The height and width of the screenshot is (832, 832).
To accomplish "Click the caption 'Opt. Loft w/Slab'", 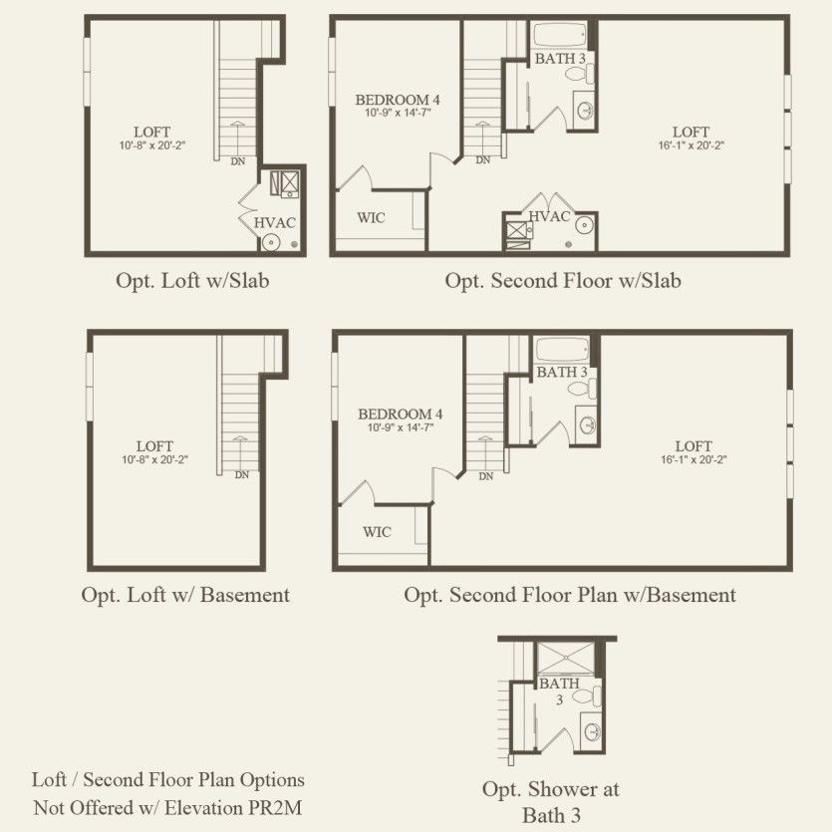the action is pos(192,281).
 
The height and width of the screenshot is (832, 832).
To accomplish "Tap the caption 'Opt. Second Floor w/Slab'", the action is pos(563,281).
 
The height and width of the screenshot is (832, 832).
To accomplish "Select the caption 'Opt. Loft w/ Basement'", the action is pos(185,595).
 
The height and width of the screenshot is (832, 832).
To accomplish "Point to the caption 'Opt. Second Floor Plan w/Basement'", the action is pos(570,595).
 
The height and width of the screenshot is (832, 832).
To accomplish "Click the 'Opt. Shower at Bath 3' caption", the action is pos(551,802).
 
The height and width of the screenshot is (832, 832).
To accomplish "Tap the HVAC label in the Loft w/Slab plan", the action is pos(274,223).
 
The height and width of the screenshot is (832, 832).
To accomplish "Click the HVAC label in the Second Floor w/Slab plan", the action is pos(549,216).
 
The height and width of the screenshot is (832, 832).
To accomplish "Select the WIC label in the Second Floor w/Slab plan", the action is pos(371,217).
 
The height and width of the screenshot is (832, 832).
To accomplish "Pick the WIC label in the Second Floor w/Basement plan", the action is pos(377,532).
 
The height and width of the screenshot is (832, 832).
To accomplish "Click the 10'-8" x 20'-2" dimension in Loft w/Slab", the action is pos(152,145).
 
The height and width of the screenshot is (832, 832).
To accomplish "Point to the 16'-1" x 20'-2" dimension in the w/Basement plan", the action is pos(693,459).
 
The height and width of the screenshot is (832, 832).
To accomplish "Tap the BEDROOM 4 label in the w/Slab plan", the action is pos(398,100).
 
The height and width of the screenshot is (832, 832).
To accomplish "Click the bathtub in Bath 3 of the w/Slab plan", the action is pos(559,35).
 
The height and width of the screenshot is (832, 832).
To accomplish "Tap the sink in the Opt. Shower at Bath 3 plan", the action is pos(592,732).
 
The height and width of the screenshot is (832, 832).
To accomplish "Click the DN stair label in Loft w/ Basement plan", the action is pos(242,475).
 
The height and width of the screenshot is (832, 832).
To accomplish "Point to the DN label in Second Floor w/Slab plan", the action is pos(483,159).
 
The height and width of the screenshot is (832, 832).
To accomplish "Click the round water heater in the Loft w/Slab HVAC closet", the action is pos(271,243).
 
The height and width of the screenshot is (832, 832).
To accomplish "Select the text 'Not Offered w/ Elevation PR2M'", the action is pos(167,808).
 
